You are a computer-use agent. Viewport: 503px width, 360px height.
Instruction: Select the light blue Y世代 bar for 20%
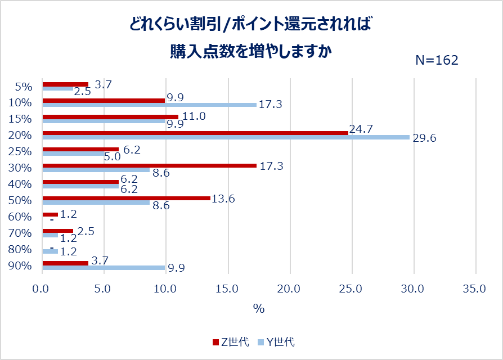click(226, 137)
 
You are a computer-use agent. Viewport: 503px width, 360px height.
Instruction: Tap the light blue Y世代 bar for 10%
click(149, 105)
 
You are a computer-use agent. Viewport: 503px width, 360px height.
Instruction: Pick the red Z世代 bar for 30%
click(149, 165)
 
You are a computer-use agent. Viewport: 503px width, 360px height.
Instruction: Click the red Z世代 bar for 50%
click(126, 198)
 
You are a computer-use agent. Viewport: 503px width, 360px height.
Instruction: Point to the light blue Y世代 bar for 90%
click(104, 268)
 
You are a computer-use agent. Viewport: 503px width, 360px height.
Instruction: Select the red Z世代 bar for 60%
click(50, 214)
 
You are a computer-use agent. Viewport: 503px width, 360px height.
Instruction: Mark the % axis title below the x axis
click(258, 309)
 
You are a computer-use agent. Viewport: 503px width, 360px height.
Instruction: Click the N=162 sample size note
click(437, 60)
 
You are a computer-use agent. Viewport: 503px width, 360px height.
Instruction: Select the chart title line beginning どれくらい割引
click(251, 24)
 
